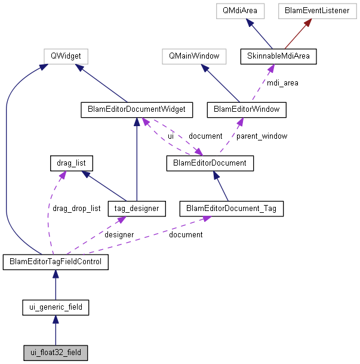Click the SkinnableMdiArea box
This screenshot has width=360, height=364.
tap(278, 57)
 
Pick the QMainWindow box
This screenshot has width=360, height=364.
tap(194, 57)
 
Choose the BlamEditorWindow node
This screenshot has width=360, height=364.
tap(247, 109)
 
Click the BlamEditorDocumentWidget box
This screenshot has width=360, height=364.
tap(137, 109)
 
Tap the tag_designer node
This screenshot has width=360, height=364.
tap(137, 209)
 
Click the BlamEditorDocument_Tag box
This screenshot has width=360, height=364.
tap(231, 209)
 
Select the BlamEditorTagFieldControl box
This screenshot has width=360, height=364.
tap(56, 262)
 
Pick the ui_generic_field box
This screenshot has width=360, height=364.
tap(56, 308)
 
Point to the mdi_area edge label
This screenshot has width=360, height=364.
tap(283, 83)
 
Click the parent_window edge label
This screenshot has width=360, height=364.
tap(261, 136)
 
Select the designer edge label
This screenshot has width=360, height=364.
tap(119, 235)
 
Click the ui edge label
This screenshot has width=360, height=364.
tap(171, 136)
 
